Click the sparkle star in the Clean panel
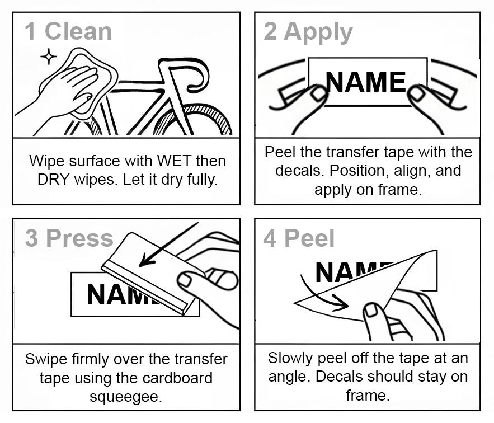(49, 57)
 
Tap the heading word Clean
(78, 31)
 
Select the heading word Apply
(318, 33)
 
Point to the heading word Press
(79, 238)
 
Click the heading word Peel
(309, 238)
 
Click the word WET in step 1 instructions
(174, 161)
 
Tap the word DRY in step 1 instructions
(53, 180)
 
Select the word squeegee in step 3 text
(126, 397)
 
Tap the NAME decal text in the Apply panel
(366, 82)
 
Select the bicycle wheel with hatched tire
(193, 120)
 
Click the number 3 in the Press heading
(31, 238)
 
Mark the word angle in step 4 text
(287, 377)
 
